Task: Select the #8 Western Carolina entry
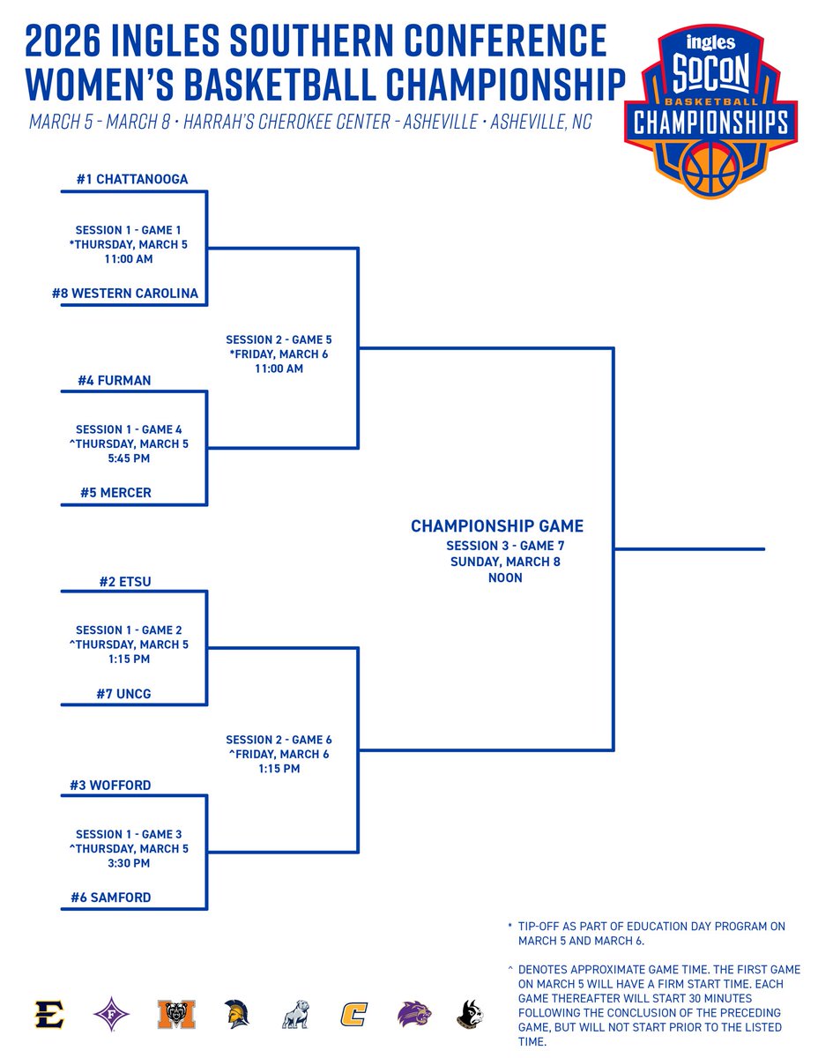click(x=124, y=293)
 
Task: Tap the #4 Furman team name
click(x=115, y=381)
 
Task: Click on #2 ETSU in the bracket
click(x=125, y=581)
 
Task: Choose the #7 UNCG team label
click(x=123, y=694)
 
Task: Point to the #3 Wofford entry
click(x=110, y=785)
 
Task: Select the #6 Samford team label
click(x=111, y=898)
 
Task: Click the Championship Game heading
click(x=497, y=526)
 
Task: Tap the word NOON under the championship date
click(x=504, y=578)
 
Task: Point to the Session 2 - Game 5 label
click(x=279, y=339)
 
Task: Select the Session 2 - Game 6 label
click(x=279, y=740)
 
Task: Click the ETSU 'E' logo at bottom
click(x=50, y=1014)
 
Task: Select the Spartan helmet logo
click(x=234, y=1014)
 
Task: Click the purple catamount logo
click(x=413, y=1014)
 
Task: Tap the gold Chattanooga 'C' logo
click(x=353, y=1014)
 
